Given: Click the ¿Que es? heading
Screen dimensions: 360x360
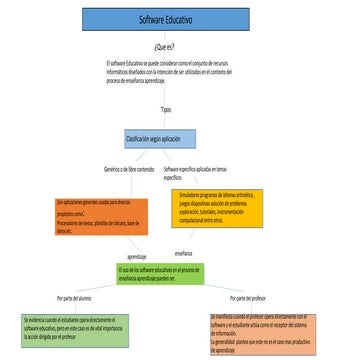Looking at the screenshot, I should tap(165, 46).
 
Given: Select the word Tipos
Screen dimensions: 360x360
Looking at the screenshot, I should tap(165, 109).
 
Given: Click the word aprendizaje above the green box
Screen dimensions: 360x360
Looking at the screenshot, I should tap(138, 257).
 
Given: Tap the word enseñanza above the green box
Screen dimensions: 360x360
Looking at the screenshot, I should tap(183, 254).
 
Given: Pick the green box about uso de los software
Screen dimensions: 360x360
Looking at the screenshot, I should tap(160, 274).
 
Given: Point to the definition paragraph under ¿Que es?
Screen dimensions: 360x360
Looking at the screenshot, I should tap(168, 73).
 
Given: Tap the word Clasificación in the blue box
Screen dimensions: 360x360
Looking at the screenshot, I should tap(138, 137).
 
